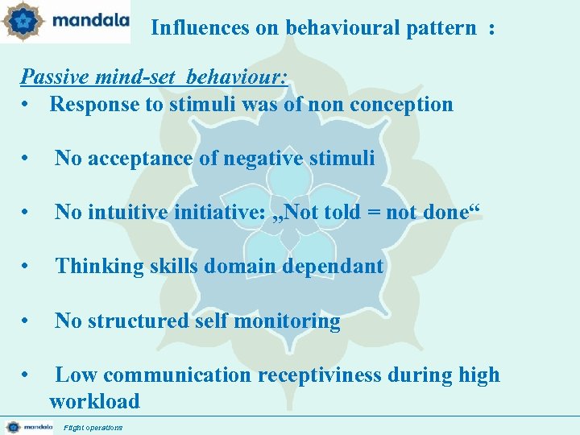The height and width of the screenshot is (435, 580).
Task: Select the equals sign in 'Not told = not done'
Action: [x=375, y=213]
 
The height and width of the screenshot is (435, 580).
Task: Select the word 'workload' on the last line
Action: [x=94, y=401]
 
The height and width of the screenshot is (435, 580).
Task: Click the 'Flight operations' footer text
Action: [x=93, y=427]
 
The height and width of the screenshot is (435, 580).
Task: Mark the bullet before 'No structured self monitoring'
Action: [x=27, y=321]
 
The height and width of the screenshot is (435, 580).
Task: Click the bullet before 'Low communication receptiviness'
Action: [x=27, y=375]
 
